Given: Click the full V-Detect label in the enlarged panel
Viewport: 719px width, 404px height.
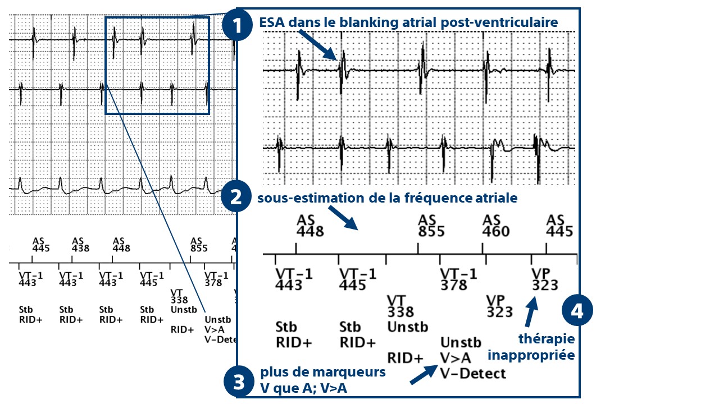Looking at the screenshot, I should click(x=473, y=373).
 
